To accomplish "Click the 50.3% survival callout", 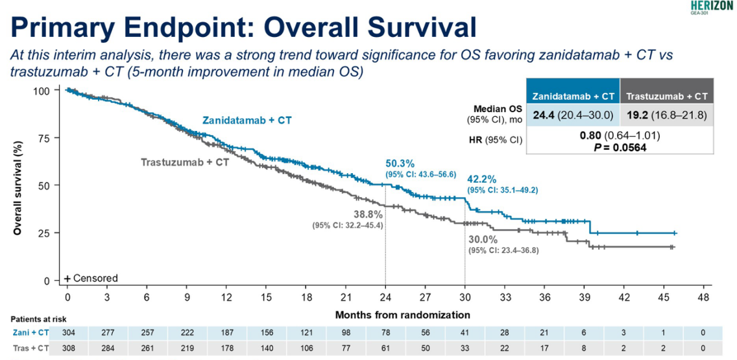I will point(400,163).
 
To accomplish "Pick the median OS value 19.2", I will point(638,115).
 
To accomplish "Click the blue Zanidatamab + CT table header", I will point(573,97).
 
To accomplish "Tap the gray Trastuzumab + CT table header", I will point(667,97).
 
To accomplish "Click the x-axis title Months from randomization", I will point(402,315).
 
